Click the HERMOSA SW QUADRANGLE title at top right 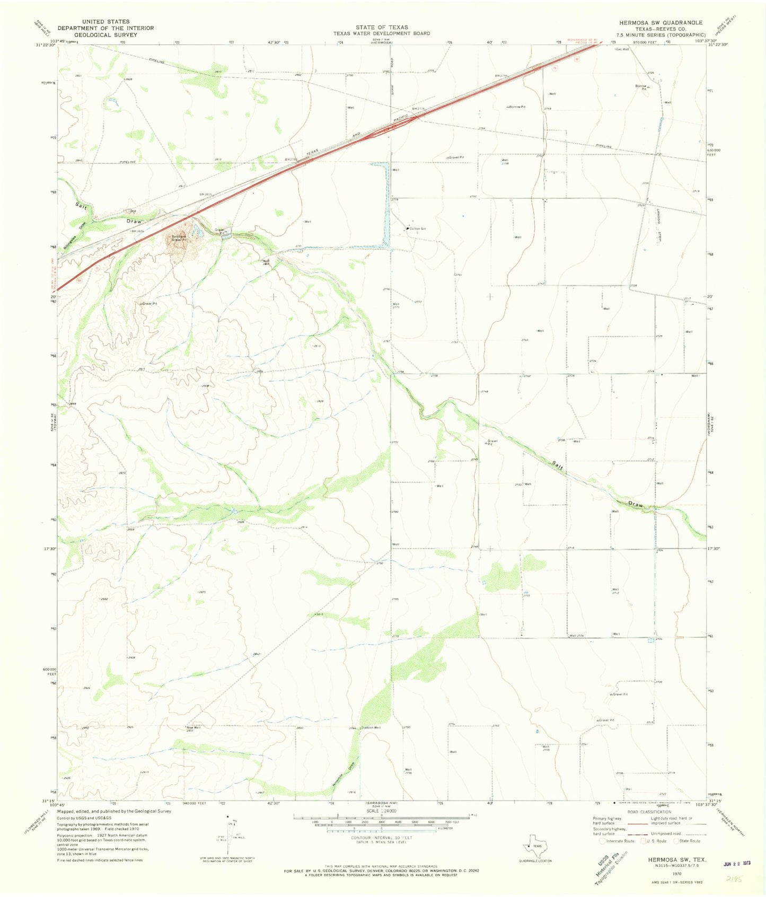coord(657,23)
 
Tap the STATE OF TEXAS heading coord(382,27)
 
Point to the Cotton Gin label coord(417,228)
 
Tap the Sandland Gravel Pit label coord(178,238)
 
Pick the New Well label coord(193,727)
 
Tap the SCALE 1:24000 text coord(381,811)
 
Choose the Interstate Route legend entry coord(617,841)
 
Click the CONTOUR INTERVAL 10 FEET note coord(381,838)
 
